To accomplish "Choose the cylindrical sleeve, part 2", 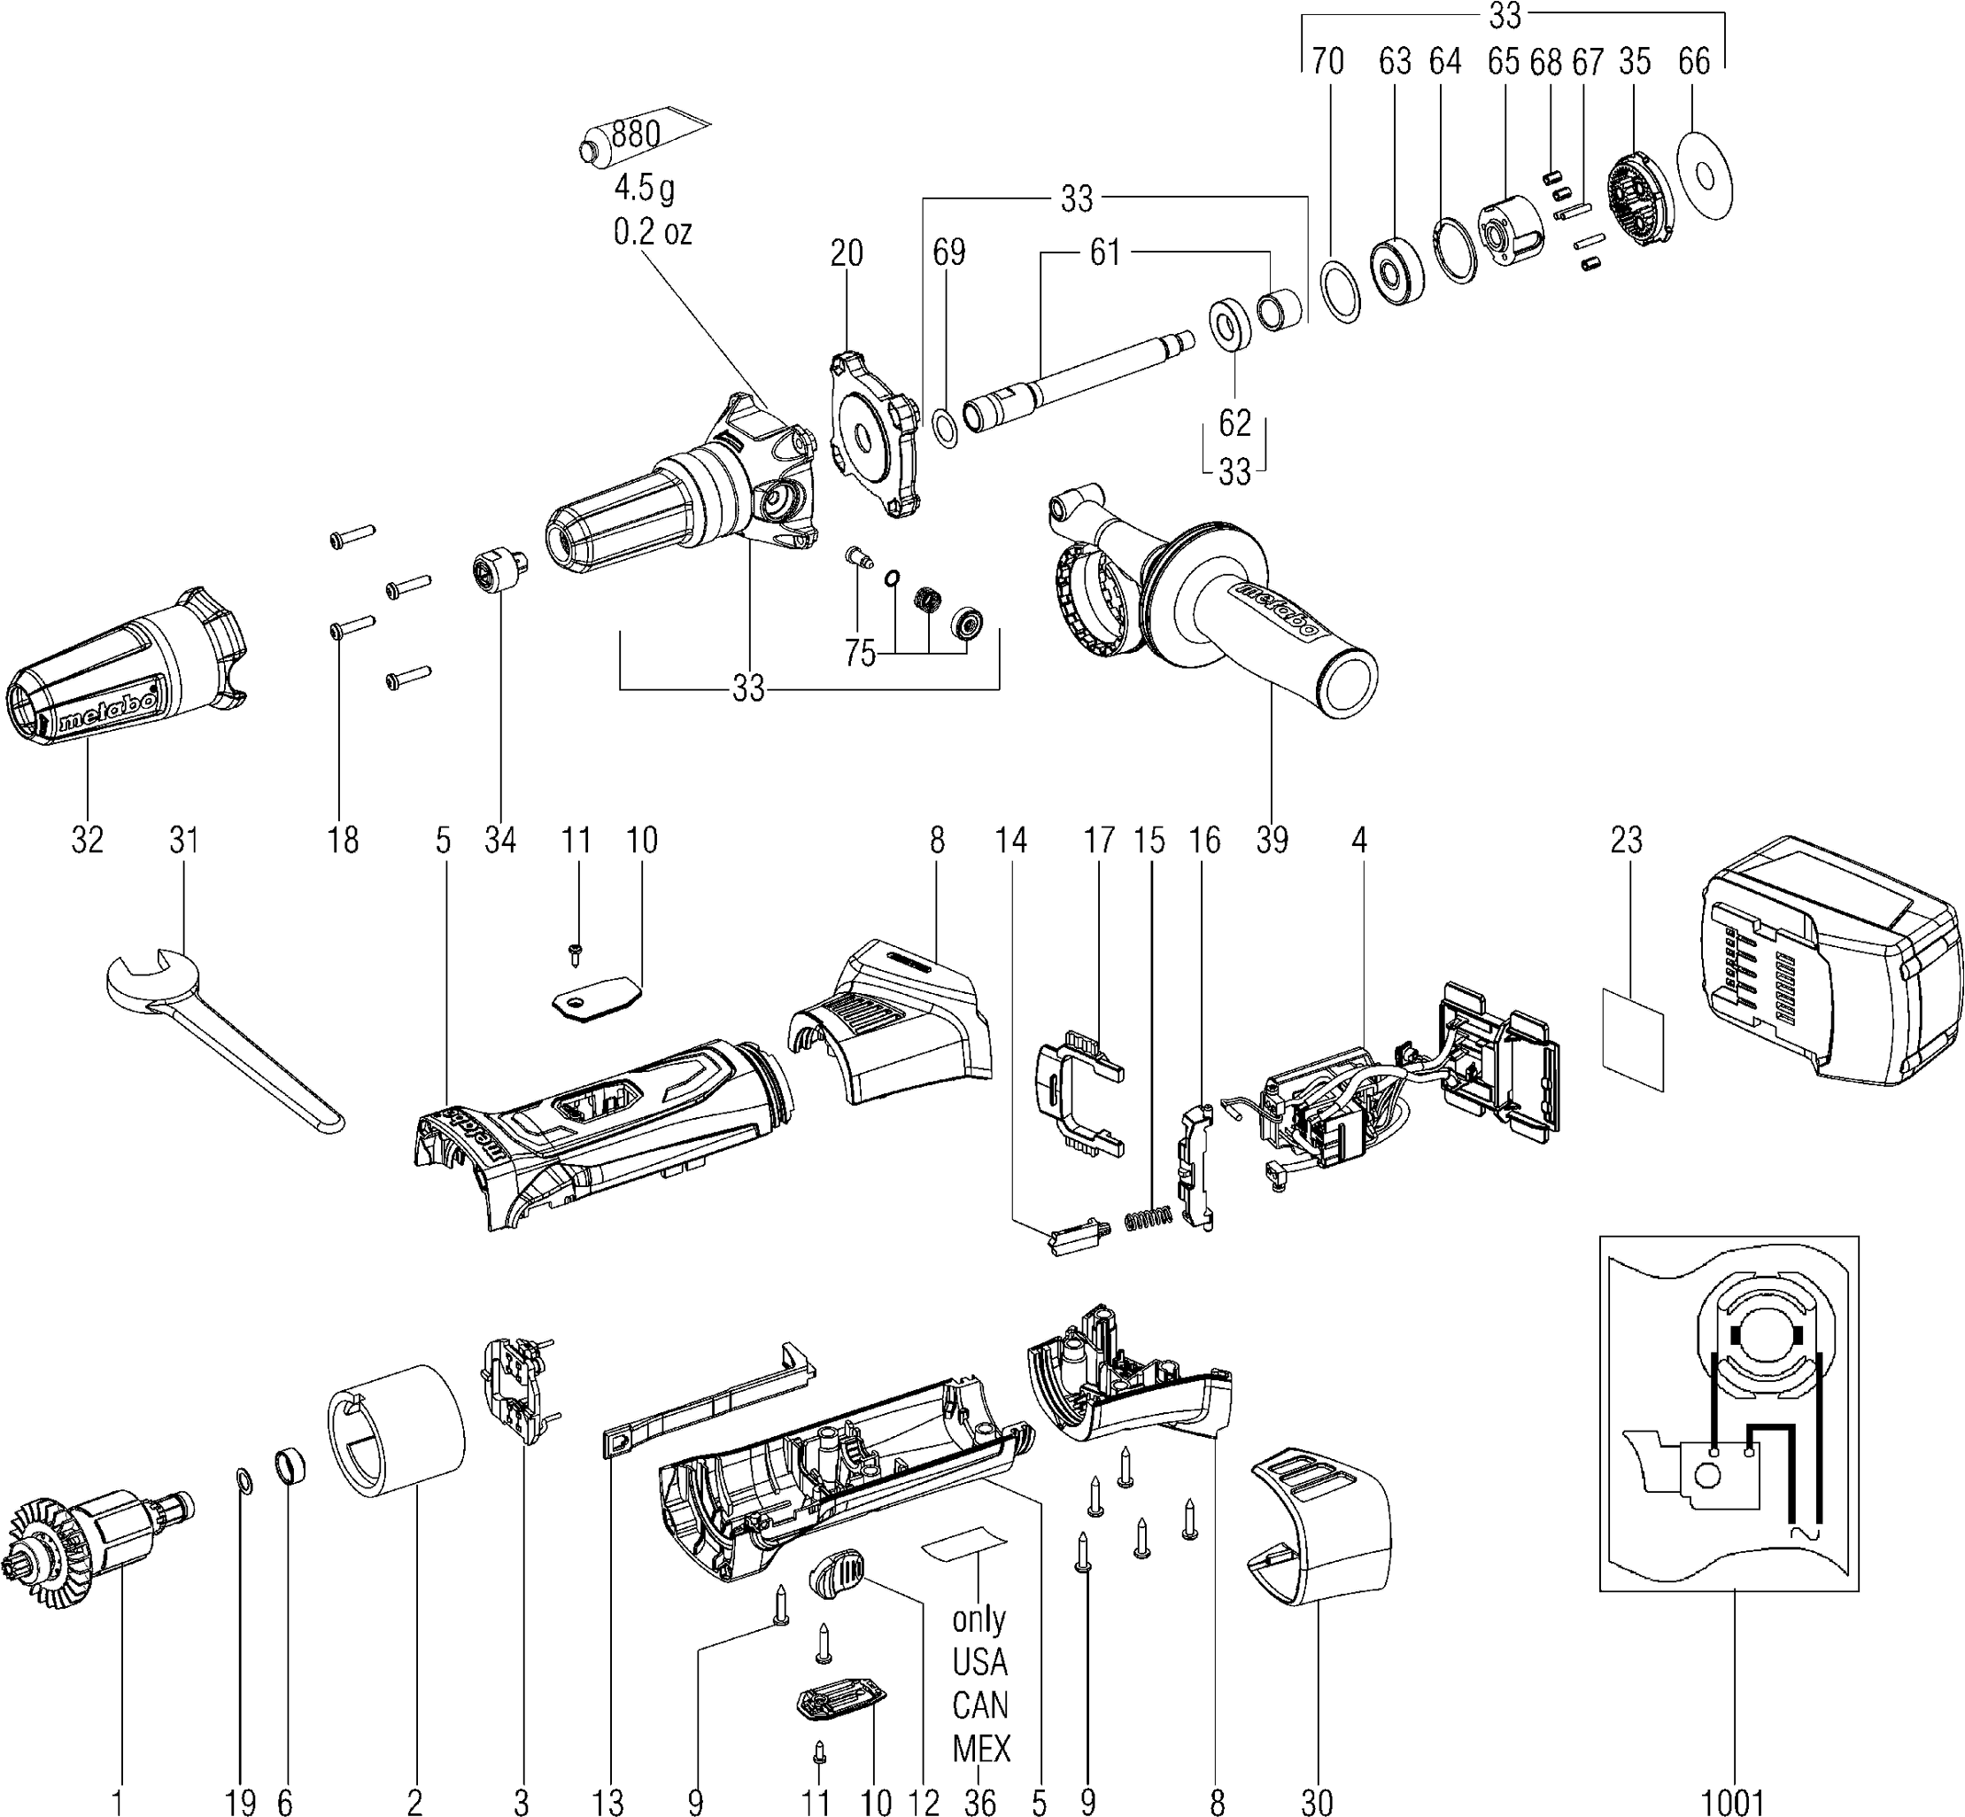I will (x=395, y=1445).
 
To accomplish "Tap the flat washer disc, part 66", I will (x=1704, y=176).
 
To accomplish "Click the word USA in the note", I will (x=979, y=1662).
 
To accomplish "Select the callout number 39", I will (x=1271, y=840).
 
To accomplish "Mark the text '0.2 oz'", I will (x=652, y=232).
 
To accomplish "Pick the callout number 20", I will (x=847, y=253).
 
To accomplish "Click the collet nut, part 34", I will (x=497, y=568).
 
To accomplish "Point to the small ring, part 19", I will (x=243, y=1479).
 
